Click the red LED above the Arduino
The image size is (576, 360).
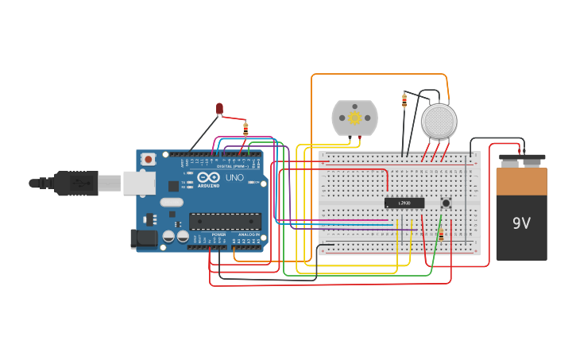(219, 108)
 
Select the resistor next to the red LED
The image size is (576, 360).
(245, 128)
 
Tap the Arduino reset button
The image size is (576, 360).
(148, 159)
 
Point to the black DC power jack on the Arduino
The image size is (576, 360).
(143, 237)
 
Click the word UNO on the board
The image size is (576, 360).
(235, 178)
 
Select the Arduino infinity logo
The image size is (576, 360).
(209, 178)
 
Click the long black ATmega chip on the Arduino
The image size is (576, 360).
(225, 221)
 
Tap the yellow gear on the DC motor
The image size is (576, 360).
(354, 118)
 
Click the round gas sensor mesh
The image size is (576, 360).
(439, 121)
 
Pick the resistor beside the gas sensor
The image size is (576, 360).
(404, 101)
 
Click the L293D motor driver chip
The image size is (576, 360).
(404, 203)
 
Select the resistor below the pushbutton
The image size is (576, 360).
(441, 233)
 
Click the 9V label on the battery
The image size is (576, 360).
(521, 223)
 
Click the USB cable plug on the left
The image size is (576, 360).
(75, 183)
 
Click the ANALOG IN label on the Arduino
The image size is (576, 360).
(248, 234)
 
